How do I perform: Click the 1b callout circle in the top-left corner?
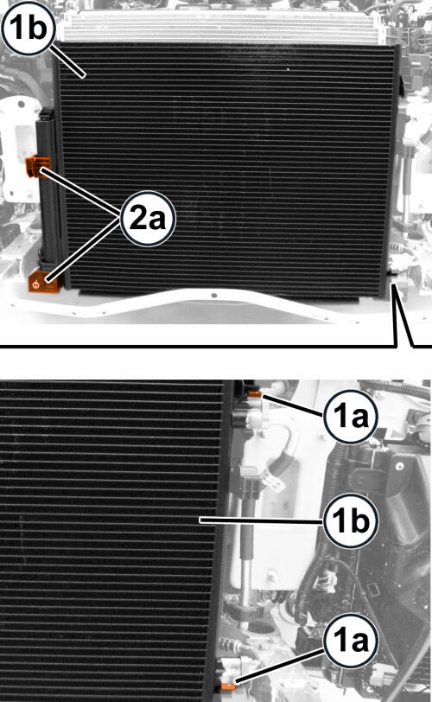click(x=28, y=28)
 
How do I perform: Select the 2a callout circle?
click(x=148, y=219)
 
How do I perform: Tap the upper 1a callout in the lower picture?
click(x=351, y=417)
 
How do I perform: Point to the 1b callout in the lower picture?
click(x=351, y=520)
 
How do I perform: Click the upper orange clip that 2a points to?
click(x=35, y=166)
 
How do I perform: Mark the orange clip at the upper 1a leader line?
click(x=255, y=393)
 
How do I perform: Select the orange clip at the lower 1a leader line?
click(x=228, y=686)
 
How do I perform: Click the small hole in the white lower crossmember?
click(x=213, y=295)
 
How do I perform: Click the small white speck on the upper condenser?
click(x=288, y=69)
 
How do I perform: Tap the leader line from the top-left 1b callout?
click(x=68, y=61)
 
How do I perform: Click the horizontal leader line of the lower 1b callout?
click(x=262, y=520)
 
